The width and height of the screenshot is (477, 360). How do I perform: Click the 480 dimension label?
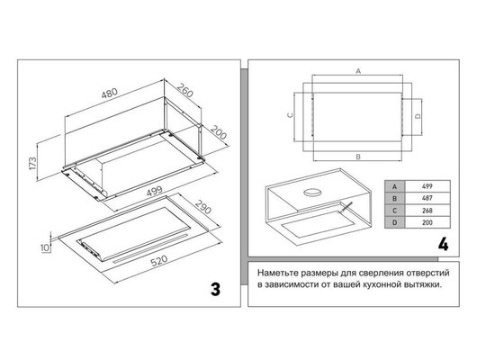tap(110, 93)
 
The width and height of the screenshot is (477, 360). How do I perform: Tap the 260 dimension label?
tap(185, 90)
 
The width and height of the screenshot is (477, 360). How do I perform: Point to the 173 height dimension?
tap(32, 164)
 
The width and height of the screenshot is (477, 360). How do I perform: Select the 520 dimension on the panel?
tap(159, 261)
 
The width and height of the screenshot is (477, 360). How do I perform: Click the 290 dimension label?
tap(202, 207)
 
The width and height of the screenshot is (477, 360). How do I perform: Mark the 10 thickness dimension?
tap(45, 247)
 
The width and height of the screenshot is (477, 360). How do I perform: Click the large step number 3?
tap(215, 289)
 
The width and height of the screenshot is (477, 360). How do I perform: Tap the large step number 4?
tap(443, 244)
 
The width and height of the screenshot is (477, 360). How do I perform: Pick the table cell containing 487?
tap(427, 198)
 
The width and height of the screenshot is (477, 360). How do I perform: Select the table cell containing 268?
tap(427, 211)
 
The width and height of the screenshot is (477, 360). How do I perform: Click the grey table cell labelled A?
tap(395, 186)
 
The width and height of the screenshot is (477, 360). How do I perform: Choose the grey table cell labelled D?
tap(395, 222)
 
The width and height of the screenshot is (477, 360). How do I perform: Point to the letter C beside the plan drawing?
tap(291, 115)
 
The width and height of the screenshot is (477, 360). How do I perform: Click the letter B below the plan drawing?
tap(358, 157)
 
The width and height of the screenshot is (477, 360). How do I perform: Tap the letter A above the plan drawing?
tap(358, 71)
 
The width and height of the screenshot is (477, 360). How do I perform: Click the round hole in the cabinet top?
tap(312, 193)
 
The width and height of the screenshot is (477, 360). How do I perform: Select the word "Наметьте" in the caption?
tap(277, 273)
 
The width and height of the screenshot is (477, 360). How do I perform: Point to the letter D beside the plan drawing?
tap(418, 116)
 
